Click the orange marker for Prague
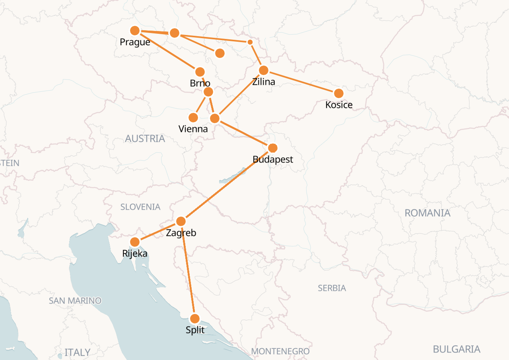[x=135, y=31]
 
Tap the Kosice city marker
[x=338, y=93]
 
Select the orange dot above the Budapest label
[x=272, y=148]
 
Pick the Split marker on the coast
[x=195, y=319]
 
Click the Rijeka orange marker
[x=135, y=242]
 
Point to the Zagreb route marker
[x=181, y=221]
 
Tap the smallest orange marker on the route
[x=250, y=42]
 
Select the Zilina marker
[x=264, y=70]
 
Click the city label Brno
[x=200, y=83]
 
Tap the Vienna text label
[x=193, y=129]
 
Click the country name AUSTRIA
[x=145, y=139]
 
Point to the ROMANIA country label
[x=427, y=213]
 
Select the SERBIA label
[x=332, y=288]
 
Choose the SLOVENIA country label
[x=140, y=207]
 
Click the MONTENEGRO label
[x=280, y=351]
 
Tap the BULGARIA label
[x=457, y=349]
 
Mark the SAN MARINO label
[x=75, y=300]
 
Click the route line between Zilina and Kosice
[x=301, y=82]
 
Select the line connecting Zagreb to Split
[x=188, y=270]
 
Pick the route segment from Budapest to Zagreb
[x=227, y=185]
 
